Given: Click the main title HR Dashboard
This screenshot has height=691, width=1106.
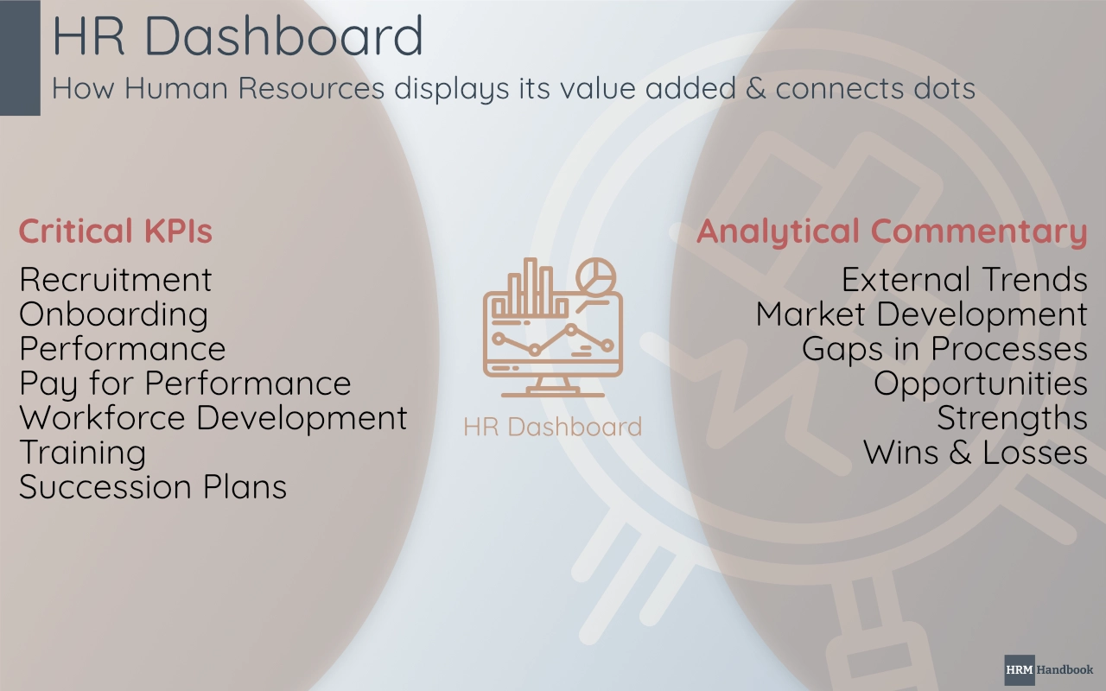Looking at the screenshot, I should (x=238, y=36).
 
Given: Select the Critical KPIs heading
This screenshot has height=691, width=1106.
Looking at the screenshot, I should (x=116, y=231).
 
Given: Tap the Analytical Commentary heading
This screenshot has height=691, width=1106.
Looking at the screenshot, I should (x=892, y=231).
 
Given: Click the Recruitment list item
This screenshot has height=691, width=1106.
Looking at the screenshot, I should (x=116, y=280).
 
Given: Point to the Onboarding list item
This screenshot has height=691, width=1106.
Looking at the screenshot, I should (x=113, y=314).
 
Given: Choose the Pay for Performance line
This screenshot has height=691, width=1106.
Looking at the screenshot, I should (x=185, y=384).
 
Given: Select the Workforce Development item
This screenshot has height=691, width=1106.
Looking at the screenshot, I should (x=213, y=418).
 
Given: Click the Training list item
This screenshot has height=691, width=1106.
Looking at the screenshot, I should (x=83, y=453).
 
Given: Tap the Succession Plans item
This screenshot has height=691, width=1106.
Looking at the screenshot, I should (x=153, y=487).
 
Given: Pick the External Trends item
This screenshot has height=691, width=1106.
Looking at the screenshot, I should (x=964, y=280).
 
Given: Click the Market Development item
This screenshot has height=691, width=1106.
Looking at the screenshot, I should (x=921, y=314).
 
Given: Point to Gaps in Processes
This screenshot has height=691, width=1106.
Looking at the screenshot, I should (x=944, y=349).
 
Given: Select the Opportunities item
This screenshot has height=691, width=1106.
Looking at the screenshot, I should (x=980, y=384).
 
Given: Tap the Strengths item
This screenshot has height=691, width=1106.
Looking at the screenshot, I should (x=1012, y=418).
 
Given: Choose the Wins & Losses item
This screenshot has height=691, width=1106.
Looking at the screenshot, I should (x=975, y=453).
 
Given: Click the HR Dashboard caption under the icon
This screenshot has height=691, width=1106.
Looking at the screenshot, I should (x=552, y=427).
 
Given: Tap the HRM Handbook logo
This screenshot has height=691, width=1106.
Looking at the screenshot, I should (x=1049, y=669).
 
